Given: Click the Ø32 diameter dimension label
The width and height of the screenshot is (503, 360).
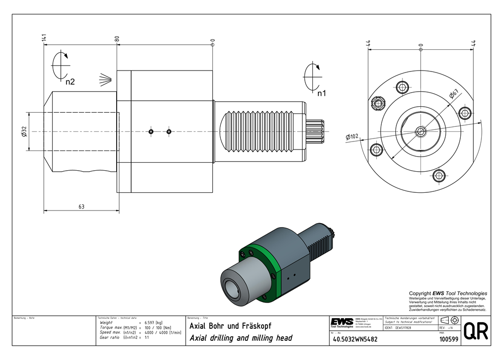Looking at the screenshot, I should (24, 131).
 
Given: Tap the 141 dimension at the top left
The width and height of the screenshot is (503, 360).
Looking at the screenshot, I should (44, 38).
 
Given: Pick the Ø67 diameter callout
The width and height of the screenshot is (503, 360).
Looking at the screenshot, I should (453, 94).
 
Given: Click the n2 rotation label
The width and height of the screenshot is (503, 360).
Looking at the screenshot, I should (70, 81).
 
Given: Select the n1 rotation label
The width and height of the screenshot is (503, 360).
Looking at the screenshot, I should (321, 93).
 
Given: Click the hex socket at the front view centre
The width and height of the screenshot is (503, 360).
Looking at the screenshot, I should (421, 131).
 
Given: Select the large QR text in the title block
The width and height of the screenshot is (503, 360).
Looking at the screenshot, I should (475, 331).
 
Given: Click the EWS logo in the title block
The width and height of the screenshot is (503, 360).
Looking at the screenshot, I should (342, 322).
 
